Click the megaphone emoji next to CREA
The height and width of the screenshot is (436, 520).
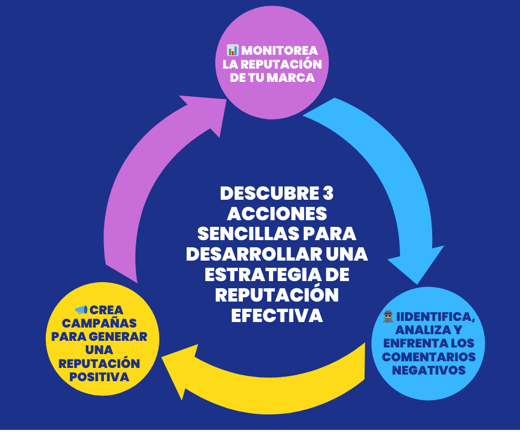click(80, 309)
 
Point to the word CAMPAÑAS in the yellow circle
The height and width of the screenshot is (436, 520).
click(100, 323)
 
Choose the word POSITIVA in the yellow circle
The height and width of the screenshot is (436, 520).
click(100, 377)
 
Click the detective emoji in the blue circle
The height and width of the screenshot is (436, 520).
click(388, 316)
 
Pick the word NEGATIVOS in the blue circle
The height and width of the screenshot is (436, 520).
click(429, 370)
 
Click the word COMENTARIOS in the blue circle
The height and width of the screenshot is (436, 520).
click(429, 357)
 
